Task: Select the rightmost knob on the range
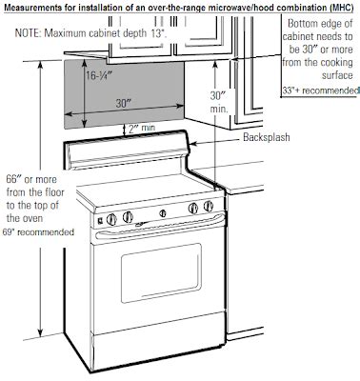pyautogui.click(x=207, y=208)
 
